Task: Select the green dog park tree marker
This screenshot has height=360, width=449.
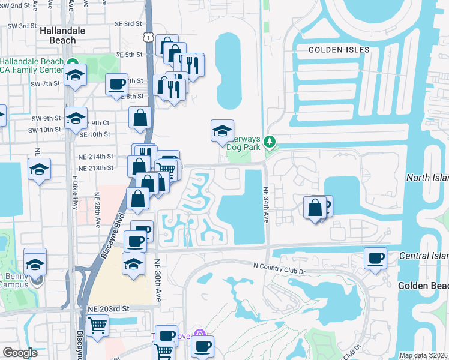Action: pyautogui.click(x=270, y=142)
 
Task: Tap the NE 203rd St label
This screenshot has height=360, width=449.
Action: pyautogui.click(x=109, y=308)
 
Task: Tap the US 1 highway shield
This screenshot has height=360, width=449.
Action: pyautogui.click(x=147, y=37)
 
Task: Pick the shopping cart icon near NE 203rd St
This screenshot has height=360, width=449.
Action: pyautogui.click(x=97, y=326)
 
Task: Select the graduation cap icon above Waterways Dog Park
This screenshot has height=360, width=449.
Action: pyautogui.click(x=221, y=130)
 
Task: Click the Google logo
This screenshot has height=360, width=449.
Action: pyautogui.click(x=20, y=353)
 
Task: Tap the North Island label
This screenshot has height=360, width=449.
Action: pyautogui.click(x=427, y=178)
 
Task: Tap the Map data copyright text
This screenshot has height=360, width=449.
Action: pyautogui.click(x=423, y=355)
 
